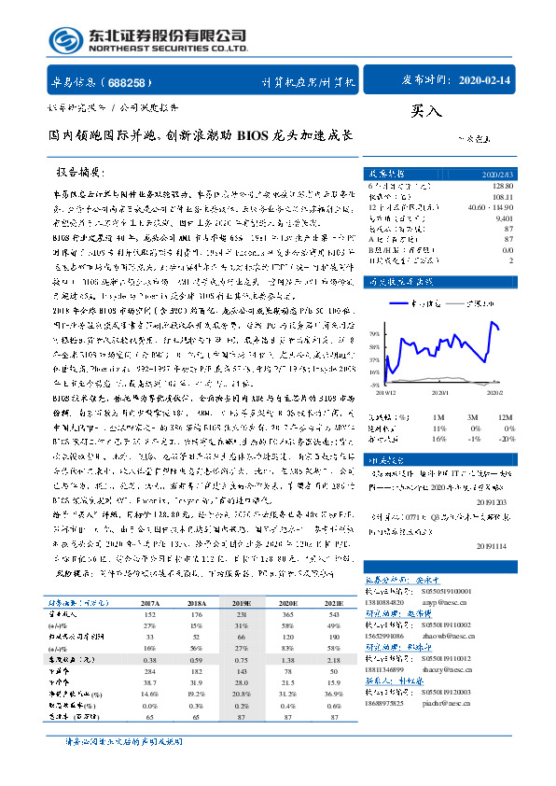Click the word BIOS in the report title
pos(257,134)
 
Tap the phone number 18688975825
pos(390,702)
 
